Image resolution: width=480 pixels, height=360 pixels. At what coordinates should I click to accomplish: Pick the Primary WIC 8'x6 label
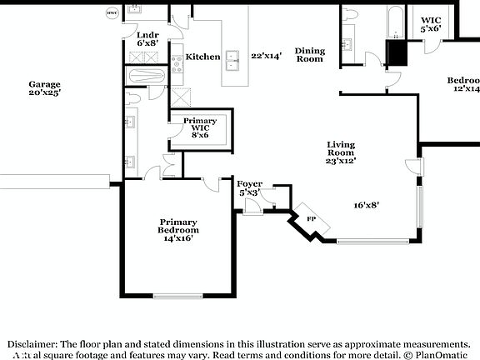200,127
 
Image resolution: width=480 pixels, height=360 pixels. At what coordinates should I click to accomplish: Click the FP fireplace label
311,218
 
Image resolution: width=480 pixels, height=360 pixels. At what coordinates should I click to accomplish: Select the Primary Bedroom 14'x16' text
178,230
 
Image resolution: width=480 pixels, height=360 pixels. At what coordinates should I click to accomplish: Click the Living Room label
341,152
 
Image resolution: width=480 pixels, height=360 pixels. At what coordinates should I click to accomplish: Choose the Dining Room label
310,55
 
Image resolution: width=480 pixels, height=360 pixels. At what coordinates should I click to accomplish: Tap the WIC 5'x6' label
431,24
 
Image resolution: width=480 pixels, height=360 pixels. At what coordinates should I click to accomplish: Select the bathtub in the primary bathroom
145,77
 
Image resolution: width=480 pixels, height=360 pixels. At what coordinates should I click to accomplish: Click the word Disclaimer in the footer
32,343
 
